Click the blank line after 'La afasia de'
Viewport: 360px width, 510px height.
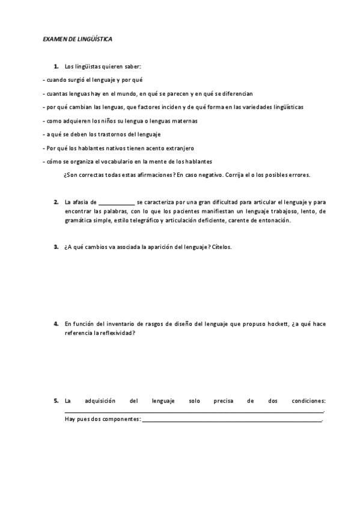point(116,203)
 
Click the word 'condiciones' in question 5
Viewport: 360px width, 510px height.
point(308,400)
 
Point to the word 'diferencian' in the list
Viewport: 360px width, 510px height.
point(235,94)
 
